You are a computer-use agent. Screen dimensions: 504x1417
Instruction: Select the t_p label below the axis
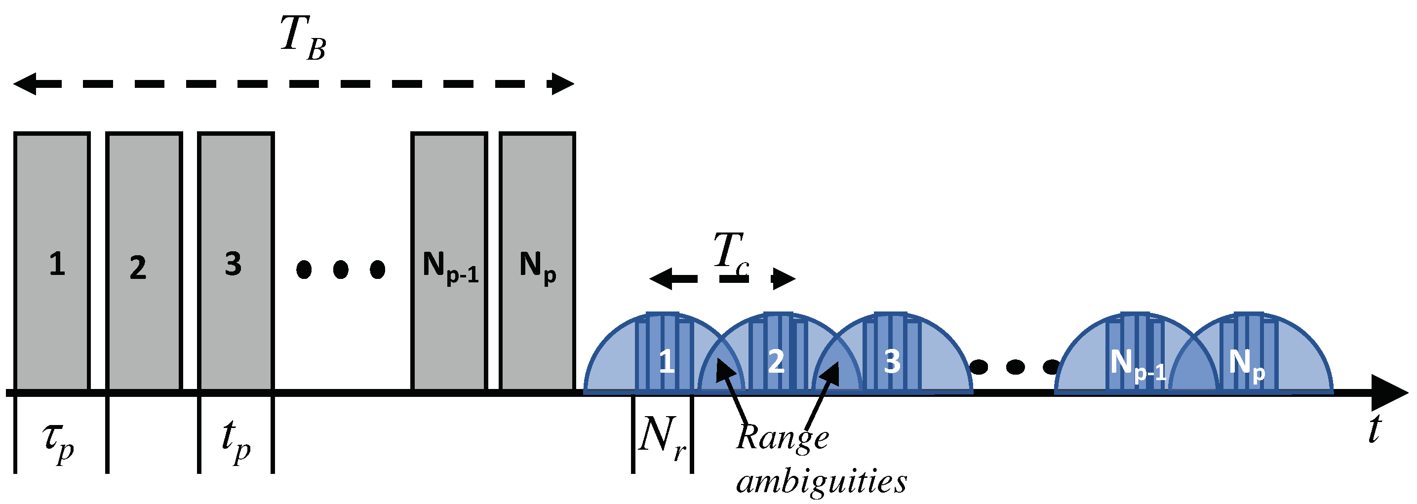point(236,443)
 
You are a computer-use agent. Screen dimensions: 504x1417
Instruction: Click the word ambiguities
point(821,481)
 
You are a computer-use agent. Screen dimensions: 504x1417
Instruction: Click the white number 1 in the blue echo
point(667,361)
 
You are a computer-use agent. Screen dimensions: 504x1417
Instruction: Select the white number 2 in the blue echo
point(776,361)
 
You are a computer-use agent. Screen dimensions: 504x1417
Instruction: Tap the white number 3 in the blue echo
point(892,361)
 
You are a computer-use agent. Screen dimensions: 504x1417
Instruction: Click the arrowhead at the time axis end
point(1392,392)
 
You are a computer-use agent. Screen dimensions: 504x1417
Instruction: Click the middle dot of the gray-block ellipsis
point(341,270)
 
